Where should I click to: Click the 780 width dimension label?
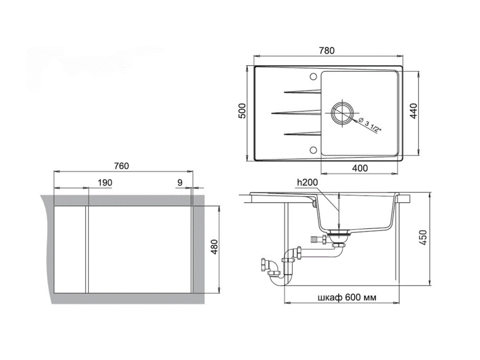327,51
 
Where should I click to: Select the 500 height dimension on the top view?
242,111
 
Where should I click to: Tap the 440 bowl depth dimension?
413,112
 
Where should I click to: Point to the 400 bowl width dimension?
360,168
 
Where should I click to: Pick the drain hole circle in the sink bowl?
342,112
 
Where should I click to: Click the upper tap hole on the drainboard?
313,76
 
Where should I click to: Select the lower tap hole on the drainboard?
313,150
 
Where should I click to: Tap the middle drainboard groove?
296,113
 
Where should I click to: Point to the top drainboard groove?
302,92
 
